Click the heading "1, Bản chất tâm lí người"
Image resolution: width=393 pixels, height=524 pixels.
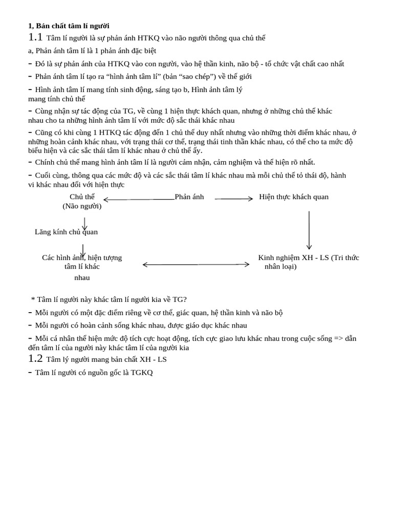point(68,26)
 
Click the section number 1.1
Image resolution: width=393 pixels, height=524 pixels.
point(35,37)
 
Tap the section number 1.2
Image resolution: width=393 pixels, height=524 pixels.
point(35,359)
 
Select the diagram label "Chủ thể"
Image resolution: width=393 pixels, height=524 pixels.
point(82,197)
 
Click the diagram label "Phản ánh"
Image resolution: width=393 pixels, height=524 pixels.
point(189,197)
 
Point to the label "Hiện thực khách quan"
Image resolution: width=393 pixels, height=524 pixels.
point(294,197)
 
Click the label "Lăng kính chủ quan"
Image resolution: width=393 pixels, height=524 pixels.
point(66,232)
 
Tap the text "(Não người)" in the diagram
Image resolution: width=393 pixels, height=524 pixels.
point(82,206)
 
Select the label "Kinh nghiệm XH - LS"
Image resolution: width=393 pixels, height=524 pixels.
point(293,257)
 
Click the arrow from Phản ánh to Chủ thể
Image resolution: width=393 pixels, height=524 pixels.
point(138,199)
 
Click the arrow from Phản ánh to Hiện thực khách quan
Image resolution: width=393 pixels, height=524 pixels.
point(234,199)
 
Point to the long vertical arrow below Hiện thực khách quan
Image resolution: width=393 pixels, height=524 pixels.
point(309,230)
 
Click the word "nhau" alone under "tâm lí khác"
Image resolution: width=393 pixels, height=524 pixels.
point(82,277)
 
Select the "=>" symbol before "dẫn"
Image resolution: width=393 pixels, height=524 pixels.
point(338,338)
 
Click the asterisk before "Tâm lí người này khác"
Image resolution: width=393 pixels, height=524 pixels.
point(33,299)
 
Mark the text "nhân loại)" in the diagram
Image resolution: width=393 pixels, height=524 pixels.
point(280,267)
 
